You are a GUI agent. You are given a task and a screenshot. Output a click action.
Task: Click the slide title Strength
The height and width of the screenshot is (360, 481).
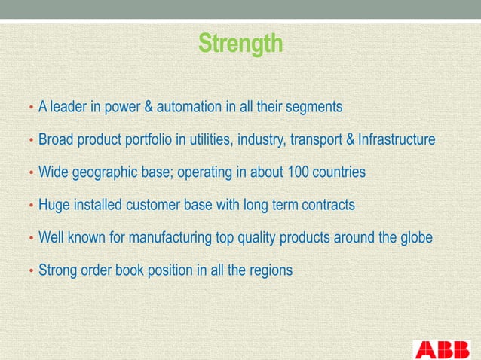point(240,43)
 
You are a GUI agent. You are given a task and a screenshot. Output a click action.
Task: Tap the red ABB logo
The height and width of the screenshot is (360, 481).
point(442,349)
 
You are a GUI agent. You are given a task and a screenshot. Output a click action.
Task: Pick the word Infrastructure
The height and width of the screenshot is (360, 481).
point(396,140)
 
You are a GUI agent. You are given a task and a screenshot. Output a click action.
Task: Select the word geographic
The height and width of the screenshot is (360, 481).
point(108,172)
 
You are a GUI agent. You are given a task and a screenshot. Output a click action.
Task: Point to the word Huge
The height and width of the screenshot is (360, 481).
point(53,206)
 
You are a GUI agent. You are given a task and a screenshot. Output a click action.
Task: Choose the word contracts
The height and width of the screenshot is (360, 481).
point(329,206)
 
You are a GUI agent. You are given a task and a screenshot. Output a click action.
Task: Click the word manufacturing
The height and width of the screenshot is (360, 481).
point(168,238)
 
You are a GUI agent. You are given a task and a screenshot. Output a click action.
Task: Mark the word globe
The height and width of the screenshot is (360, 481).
point(415,238)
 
